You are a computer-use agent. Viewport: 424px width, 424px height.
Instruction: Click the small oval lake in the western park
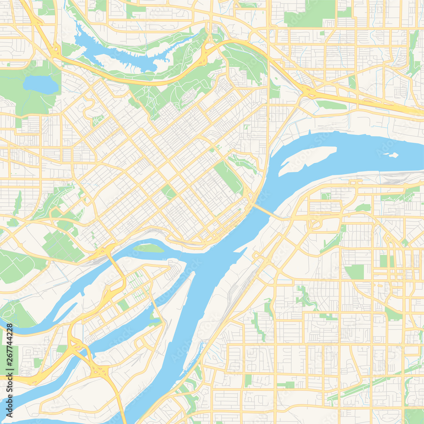click(40, 85)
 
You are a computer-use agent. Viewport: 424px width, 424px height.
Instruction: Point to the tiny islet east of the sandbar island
click(393, 155)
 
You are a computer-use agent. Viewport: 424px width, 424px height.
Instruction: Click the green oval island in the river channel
click(148, 248)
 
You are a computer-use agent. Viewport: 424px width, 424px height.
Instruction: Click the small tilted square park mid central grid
click(168, 192)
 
